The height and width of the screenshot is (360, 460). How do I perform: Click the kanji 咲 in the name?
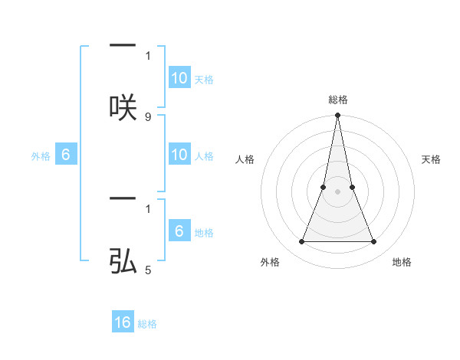123,106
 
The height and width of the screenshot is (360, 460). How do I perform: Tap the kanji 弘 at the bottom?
123,262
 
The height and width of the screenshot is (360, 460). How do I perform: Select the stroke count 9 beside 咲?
148,117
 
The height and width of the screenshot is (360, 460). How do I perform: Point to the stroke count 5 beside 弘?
148,270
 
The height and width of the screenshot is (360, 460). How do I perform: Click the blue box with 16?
123,323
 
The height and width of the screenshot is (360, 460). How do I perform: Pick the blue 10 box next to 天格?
179,78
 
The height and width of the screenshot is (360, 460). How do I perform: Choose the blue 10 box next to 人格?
179,155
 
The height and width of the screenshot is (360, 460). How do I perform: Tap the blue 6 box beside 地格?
179,231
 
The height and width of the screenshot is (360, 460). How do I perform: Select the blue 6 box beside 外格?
66,155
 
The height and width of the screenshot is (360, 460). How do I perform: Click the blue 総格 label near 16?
147,324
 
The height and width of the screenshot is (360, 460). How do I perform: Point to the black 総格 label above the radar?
338,100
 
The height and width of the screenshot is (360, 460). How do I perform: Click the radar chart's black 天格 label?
431,159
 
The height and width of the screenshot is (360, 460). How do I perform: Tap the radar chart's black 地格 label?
402,262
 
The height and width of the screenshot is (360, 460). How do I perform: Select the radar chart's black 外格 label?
270,262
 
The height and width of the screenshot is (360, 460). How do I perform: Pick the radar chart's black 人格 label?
245,159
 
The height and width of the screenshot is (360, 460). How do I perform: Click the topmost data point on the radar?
338,116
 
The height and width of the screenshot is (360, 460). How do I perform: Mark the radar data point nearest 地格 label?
374,242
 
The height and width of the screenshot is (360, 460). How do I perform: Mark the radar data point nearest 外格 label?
301,242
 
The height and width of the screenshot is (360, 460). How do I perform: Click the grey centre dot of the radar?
338,191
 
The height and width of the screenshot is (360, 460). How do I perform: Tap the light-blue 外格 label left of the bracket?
41,155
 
